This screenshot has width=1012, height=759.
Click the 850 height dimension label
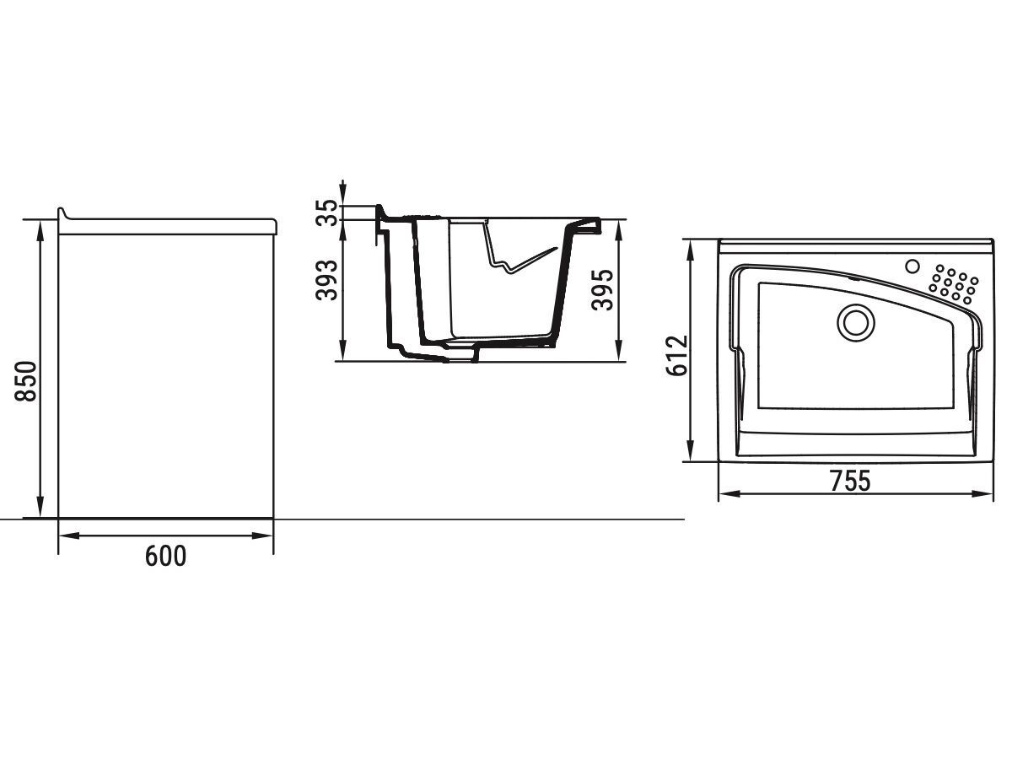(26, 381)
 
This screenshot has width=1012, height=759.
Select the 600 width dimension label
(165, 556)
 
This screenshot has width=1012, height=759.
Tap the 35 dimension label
(326, 213)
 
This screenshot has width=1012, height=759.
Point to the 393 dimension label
(326, 280)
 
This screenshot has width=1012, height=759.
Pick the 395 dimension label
(603, 289)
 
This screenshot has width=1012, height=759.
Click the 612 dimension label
(677, 356)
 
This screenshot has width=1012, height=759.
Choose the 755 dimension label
(851, 481)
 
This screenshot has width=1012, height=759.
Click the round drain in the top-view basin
(856, 323)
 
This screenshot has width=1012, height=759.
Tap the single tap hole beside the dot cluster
(912, 266)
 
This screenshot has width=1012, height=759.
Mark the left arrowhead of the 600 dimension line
(70, 536)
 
